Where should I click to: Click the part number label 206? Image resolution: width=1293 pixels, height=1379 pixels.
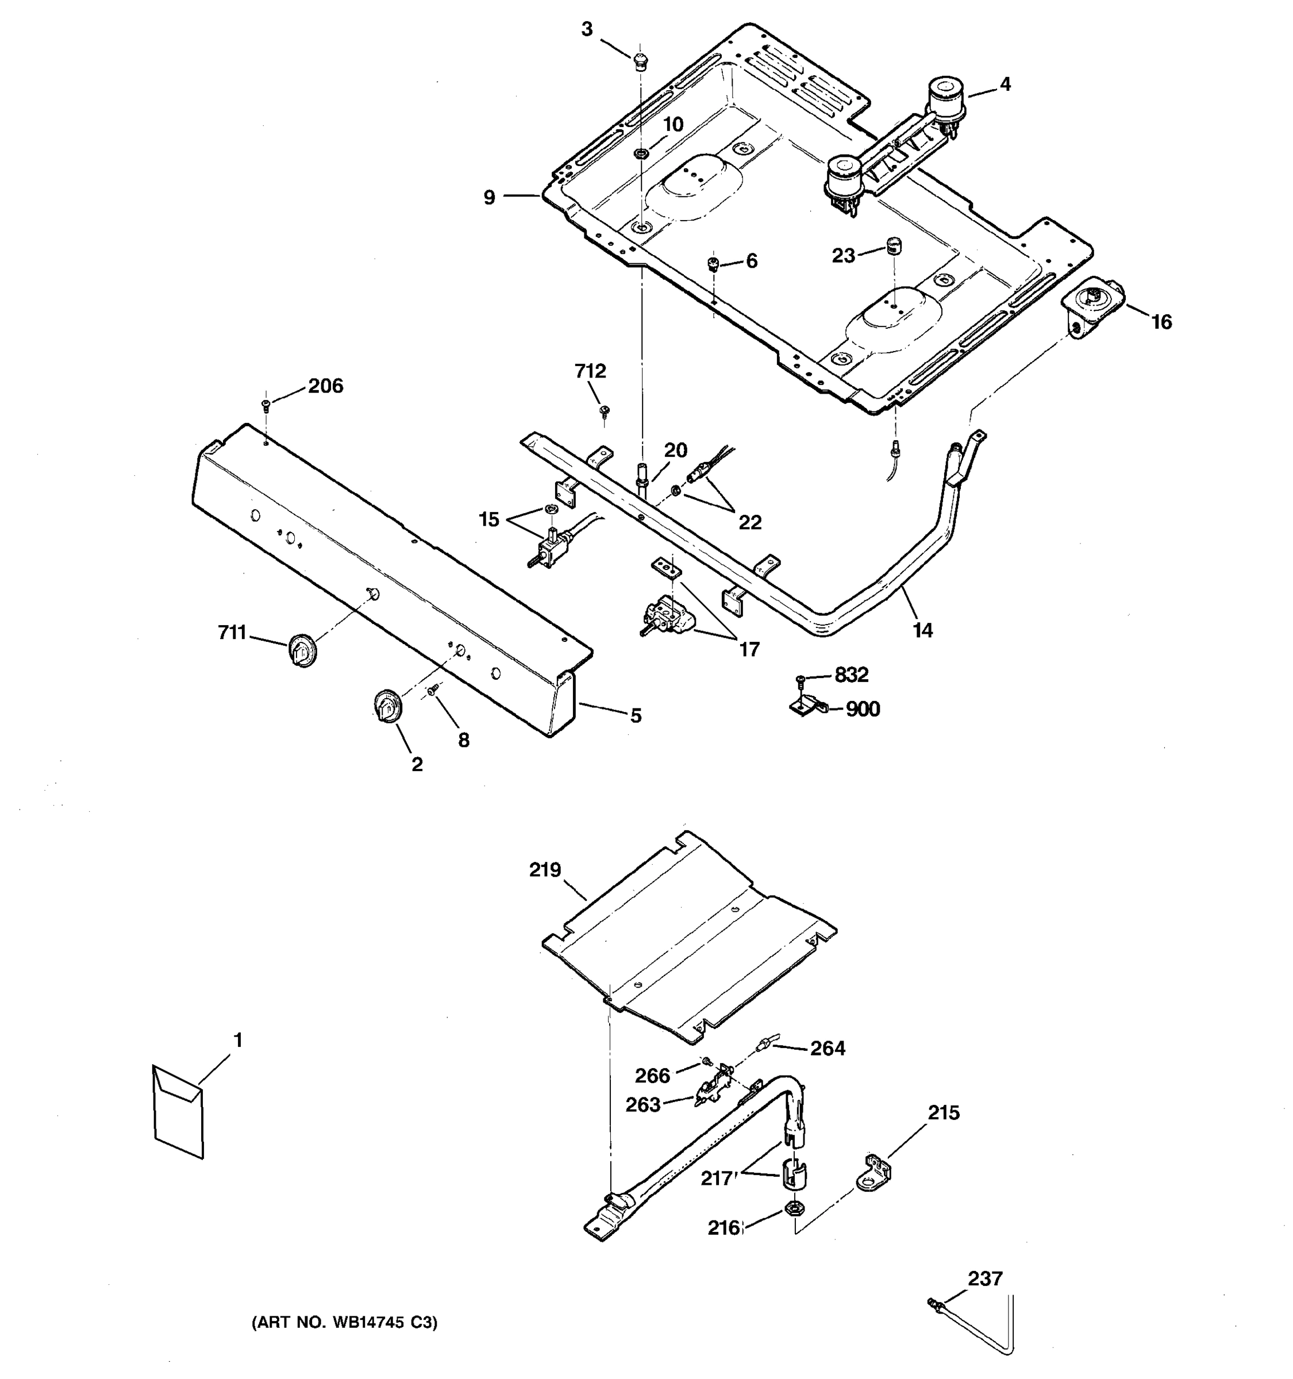point(325,386)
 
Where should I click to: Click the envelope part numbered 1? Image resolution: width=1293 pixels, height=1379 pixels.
point(178,1117)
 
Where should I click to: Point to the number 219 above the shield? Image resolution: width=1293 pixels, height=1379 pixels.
point(545,870)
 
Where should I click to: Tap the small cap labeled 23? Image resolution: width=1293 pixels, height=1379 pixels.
point(891,245)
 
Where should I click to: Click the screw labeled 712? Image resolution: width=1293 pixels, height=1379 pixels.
point(604,411)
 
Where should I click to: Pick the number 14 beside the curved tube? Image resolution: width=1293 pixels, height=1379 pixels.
point(922,630)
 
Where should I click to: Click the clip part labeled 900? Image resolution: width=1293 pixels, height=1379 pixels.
point(807,707)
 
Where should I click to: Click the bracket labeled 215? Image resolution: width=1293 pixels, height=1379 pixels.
point(875,1172)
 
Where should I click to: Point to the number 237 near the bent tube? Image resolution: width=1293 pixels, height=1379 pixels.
point(985,1278)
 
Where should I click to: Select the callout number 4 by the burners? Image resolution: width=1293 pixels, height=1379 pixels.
point(1005,84)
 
